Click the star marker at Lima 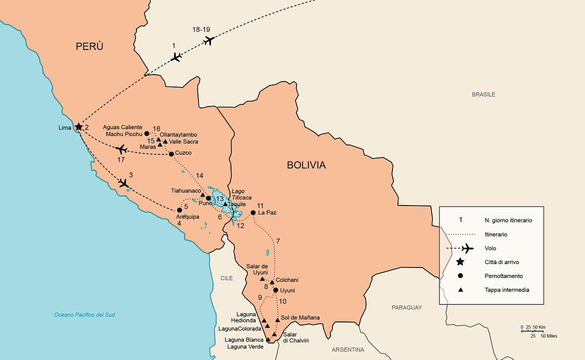coord(78,127)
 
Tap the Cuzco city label coord(183,153)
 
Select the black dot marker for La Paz coord(253,212)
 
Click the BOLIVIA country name coord(306,165)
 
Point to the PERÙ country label coord(89,46)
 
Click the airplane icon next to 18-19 coord(208,40)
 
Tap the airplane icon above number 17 coord(120,149)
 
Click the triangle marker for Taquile coord(225,204)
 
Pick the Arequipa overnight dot coord(179,210)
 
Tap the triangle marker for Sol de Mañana coord(277,319)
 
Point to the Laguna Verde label coord(245,346)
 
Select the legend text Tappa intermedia coord(506,290)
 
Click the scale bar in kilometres coord(532,330)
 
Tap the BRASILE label coord(483,94)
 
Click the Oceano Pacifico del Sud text coord(84,314)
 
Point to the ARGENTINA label coord(348,349)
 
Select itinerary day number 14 coord(199,175)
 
